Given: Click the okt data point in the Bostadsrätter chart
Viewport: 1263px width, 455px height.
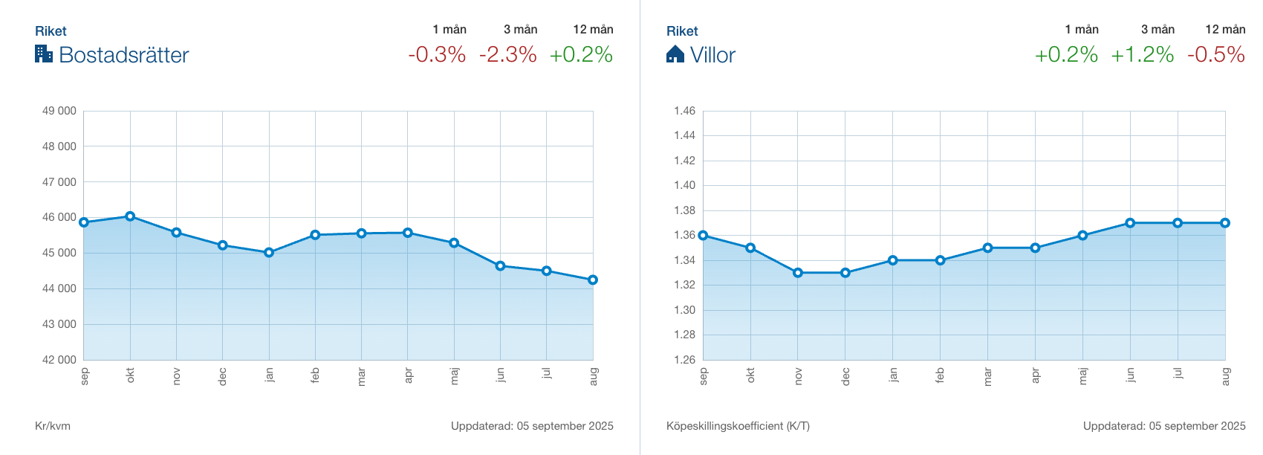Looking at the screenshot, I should click(130, 216).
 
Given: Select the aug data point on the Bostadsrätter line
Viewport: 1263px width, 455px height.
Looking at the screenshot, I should click(593, 280).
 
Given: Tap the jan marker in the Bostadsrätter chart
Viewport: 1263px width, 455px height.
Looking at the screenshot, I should click(269, 253).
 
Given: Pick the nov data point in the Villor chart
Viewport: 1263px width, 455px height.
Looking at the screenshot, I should click(798, 273).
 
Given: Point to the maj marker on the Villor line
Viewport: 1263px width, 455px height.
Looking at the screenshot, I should click(1082, 236).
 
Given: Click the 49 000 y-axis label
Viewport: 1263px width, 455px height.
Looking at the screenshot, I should click(59, 111).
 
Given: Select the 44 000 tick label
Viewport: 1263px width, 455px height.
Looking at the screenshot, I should click(59, 288).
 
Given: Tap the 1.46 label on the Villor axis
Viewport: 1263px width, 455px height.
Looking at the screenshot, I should click(684, 111).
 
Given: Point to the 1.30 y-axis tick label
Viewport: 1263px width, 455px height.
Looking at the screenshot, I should click(684, 310).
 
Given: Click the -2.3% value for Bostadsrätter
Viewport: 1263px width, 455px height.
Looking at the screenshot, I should click(508, 54).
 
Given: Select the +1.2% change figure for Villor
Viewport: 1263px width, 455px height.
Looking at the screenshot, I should click(1142, 54).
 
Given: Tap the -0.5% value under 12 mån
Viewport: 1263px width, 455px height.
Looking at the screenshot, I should click(1216, 54).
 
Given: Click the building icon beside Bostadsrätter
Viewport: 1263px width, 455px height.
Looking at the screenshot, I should click(44, 54).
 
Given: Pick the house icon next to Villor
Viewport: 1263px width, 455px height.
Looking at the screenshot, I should click(675, 54).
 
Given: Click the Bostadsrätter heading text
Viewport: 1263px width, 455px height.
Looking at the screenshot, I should click(124, 55).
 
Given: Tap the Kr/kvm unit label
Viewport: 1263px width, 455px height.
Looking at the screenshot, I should click(53, 426).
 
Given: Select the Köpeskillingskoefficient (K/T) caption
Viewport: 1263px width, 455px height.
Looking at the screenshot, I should click(738, 426).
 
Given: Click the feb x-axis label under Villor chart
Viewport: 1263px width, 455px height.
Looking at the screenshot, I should click(941, 375).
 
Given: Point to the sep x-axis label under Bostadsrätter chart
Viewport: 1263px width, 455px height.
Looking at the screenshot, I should click(85, 375).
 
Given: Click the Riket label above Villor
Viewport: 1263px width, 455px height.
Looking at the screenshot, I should click(682, 31).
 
